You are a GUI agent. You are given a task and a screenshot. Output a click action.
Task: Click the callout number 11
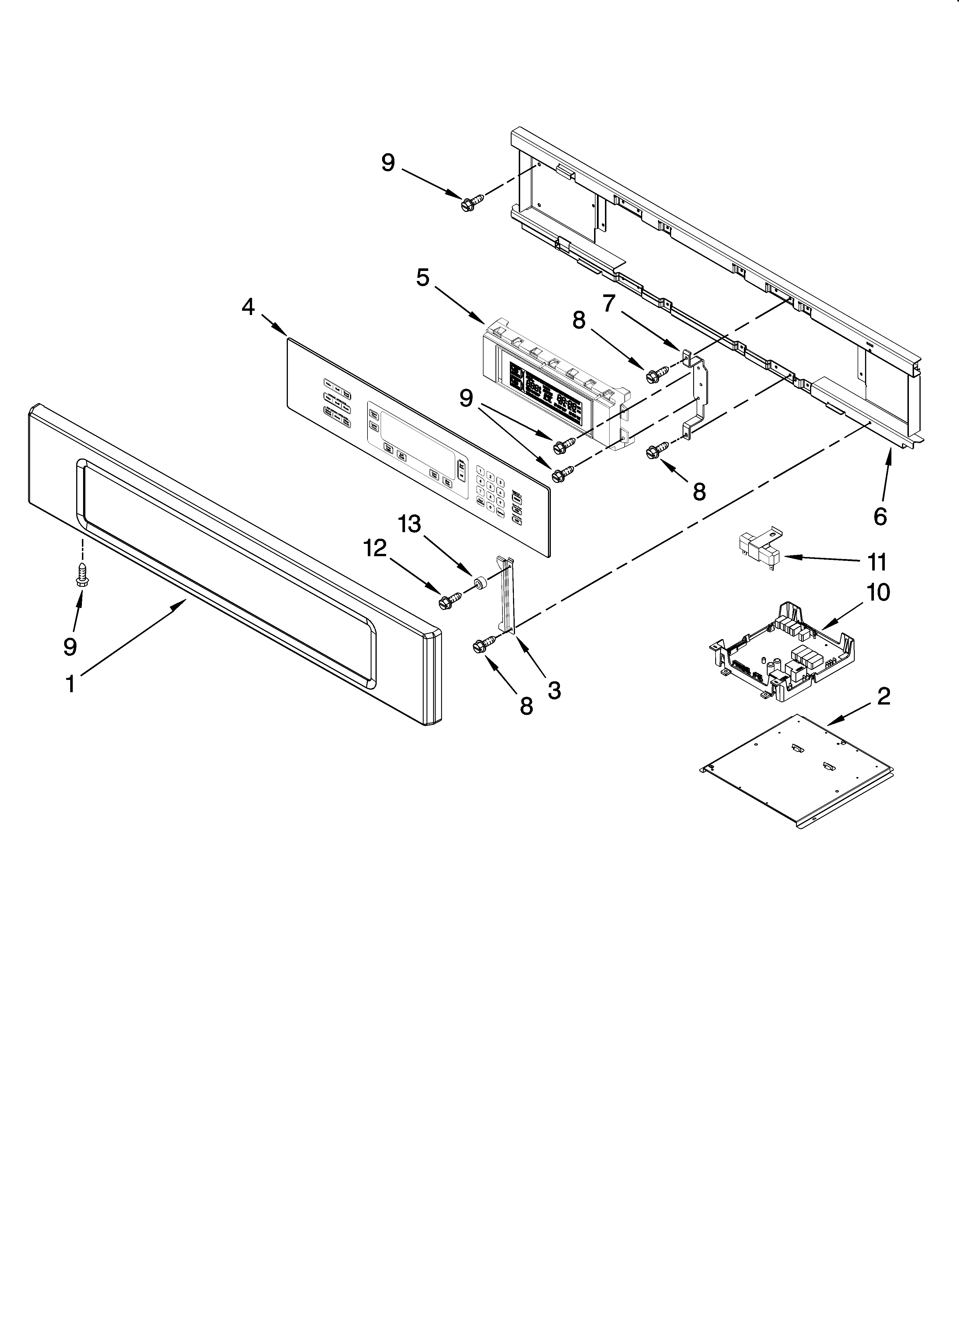click(x=876, y=562)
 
